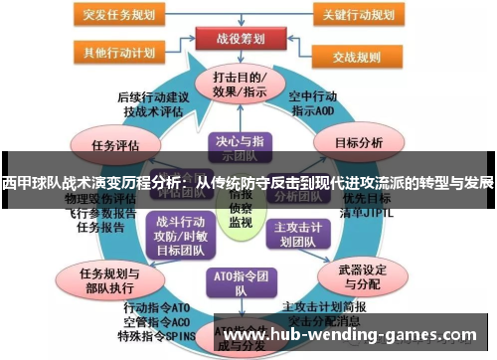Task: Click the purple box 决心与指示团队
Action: (x=236, y=146)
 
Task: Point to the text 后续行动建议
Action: (x=151, y=97)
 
